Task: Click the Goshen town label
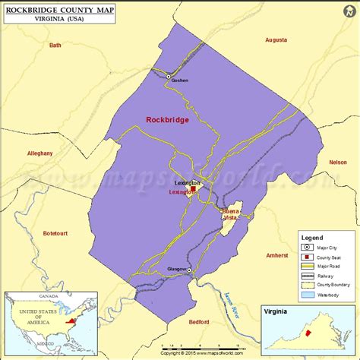point(179,81)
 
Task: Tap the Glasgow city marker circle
point(190,270)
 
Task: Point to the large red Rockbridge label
point(167,118)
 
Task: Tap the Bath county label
point(55,45)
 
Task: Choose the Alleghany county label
point(39,153)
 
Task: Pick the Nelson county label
point(338,162)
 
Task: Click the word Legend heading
point(312,237)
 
